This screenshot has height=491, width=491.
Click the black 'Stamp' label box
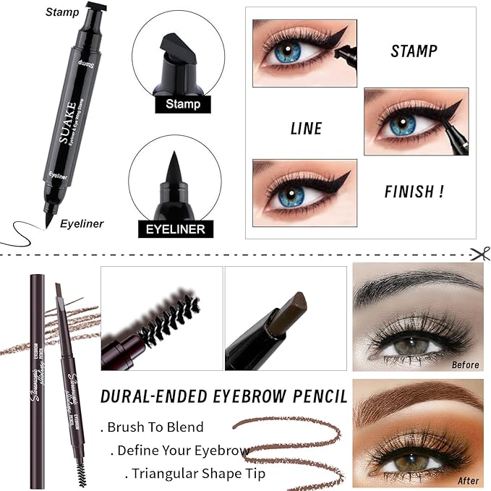182,104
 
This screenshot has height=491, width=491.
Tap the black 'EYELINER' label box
176,229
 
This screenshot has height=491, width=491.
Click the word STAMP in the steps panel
414,52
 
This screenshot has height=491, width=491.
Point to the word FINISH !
414,193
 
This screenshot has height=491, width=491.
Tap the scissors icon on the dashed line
478,253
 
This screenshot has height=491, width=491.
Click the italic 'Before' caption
465,365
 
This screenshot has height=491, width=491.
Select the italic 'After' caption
468,480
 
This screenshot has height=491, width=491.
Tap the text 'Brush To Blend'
155,427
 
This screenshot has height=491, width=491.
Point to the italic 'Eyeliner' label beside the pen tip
82,223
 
